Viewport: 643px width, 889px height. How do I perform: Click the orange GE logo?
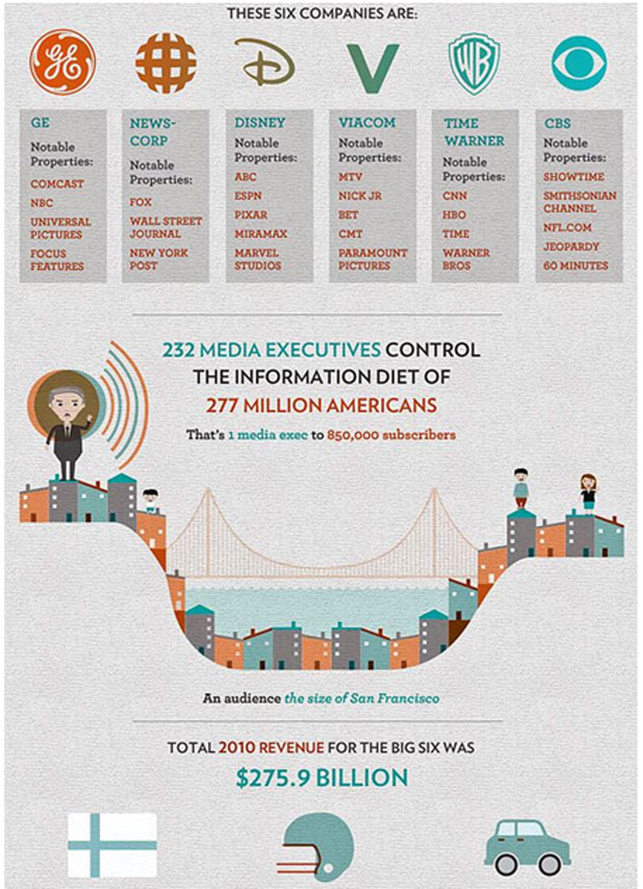[x=63, y=63]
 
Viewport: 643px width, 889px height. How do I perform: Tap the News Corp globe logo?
[x=166, y=63]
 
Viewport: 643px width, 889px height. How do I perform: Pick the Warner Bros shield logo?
[x=475, y=63]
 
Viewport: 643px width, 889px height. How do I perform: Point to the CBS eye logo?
[x=579, y=63]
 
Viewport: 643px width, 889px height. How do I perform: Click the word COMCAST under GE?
[x=58, y=184]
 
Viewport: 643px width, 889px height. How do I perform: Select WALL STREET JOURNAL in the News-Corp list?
[x=165, y=227]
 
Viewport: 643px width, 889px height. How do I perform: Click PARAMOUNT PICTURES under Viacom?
[x=372, y=259]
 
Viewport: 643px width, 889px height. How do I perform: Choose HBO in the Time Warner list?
[x=455, y=215]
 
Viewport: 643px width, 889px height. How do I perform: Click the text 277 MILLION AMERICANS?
[x=321, y=405]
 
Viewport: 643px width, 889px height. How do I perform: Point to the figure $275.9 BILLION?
[x=321, y=778]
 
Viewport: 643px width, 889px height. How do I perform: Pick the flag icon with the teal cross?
[x=112, y=845]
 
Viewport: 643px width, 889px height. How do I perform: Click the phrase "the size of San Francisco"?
[x=361, y=698]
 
